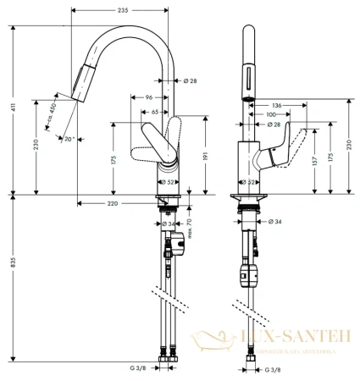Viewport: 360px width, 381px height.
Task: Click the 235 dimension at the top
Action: tap(124, 9)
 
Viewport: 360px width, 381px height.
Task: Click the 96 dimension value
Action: tap(147, 97)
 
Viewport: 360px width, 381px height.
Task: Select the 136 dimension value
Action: tap(277, 104)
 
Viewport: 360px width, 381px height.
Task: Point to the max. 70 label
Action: tap(191, 227)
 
